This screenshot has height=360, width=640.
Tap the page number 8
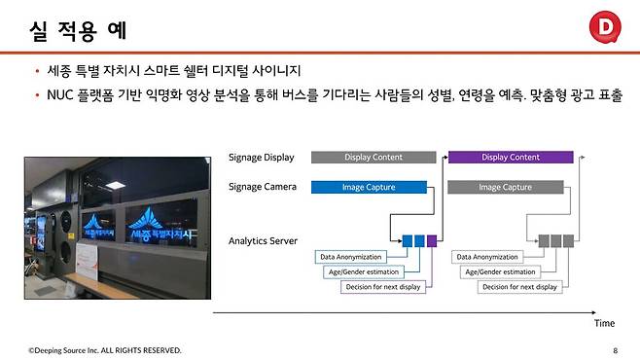click(615, 349)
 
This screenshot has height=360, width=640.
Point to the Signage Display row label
click(260, 157)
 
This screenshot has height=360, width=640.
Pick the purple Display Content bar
click(510, 157)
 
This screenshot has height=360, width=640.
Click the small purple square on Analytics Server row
click(432, 239)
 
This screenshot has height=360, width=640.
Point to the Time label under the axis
click(604, 322)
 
